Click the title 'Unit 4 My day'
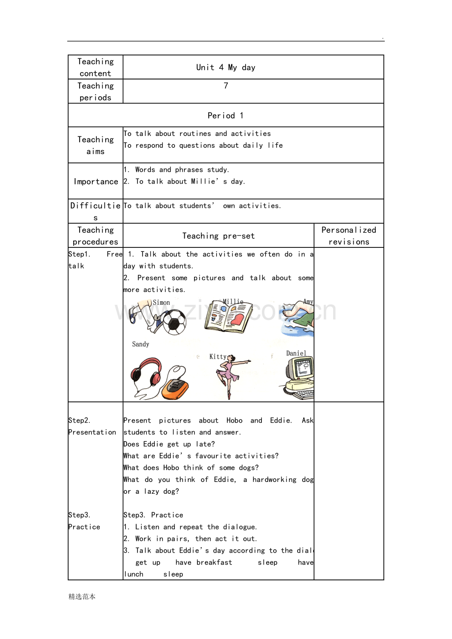point(226,67)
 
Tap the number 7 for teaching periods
point(226,86)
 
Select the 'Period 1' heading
point(226,115)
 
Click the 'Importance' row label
point(96,182)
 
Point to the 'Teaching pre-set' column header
point(218,236)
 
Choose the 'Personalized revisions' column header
point(349,236)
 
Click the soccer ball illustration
point(174,322)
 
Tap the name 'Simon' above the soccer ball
point(161,302)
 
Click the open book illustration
point(228,317)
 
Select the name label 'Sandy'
point(141,344)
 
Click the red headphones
point(146,373)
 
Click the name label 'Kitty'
point(218,357)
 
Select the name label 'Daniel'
point(296,353)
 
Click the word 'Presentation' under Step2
point(92,432)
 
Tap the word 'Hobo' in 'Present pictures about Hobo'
point(234,421)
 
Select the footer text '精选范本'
point(82,597)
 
